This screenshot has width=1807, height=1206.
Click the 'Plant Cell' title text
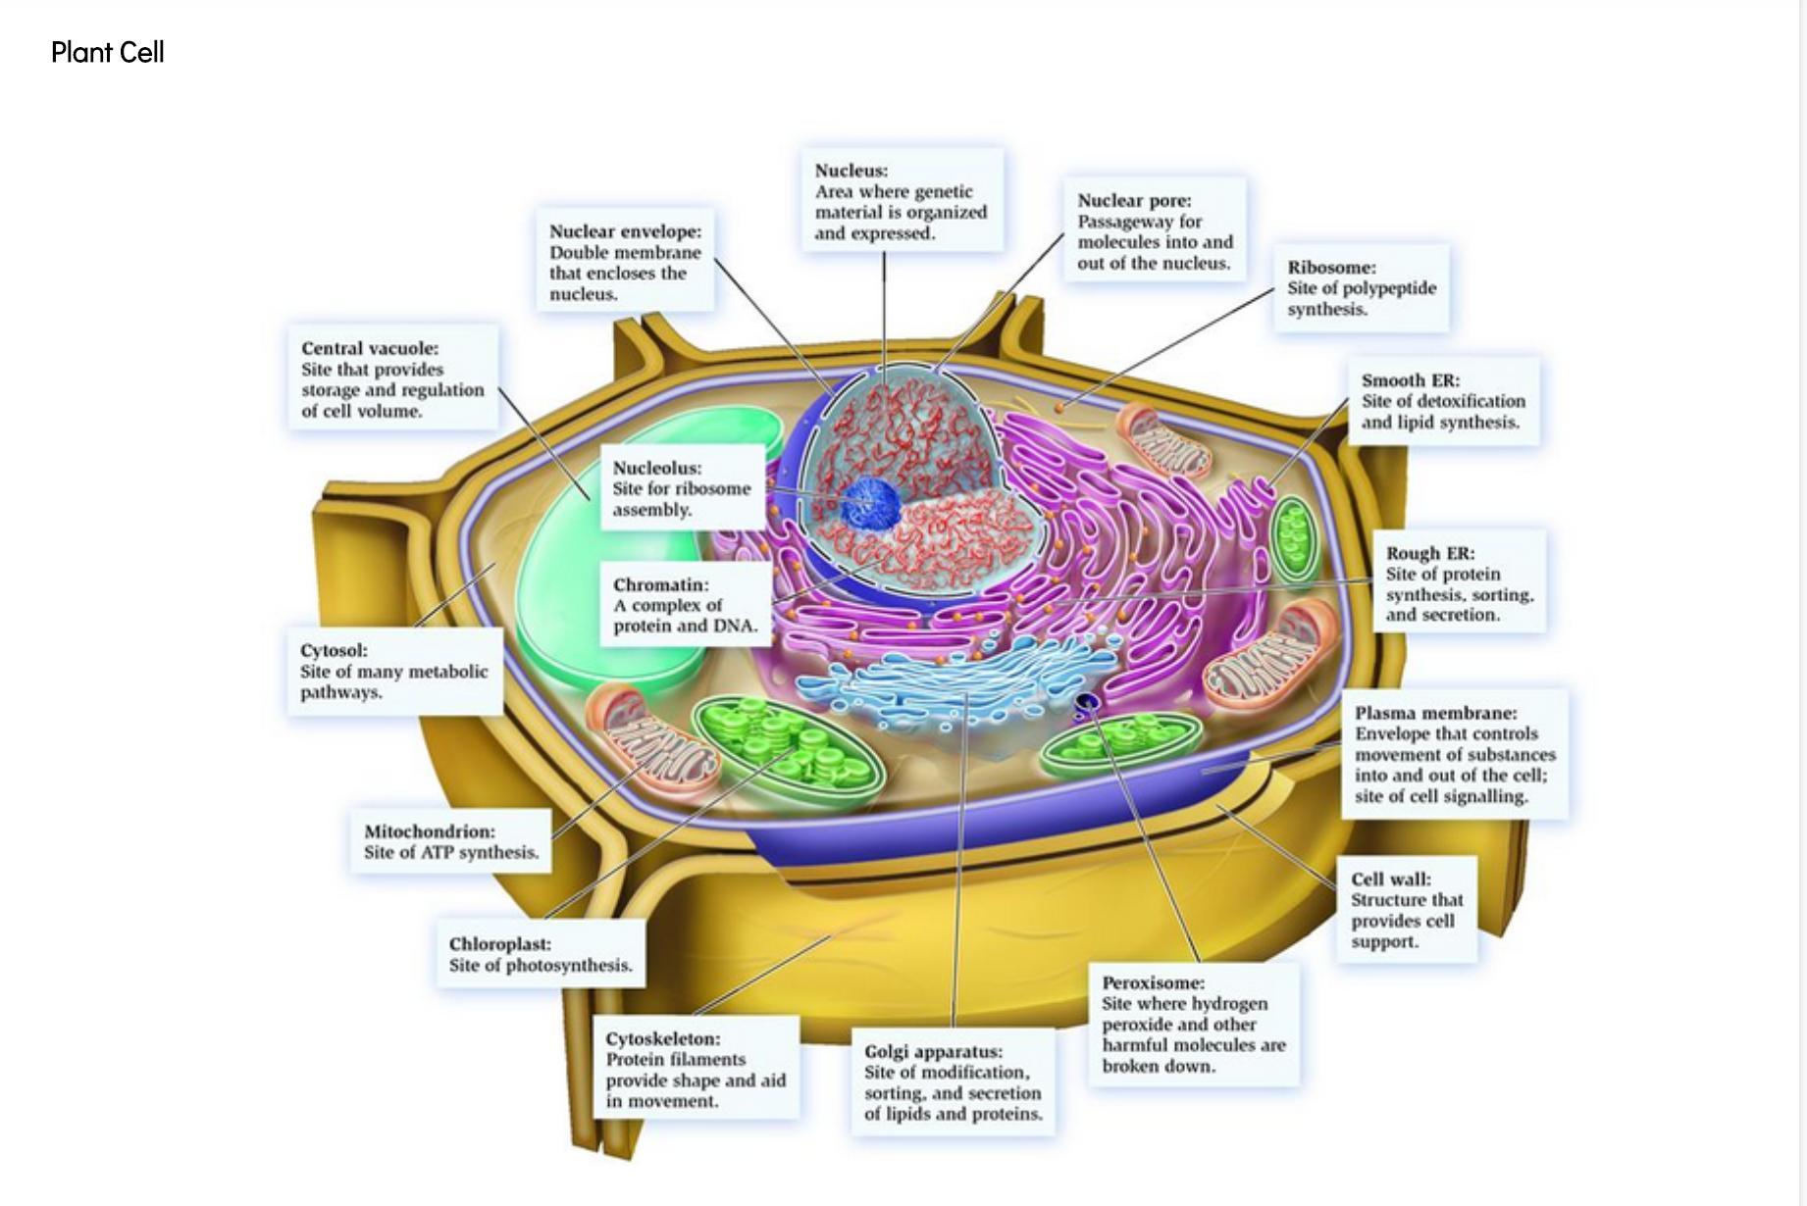(107, 52)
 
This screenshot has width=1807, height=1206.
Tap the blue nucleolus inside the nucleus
(871, 503)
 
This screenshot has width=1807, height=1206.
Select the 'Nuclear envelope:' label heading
(625, 231)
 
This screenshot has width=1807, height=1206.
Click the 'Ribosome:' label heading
(1331, 267)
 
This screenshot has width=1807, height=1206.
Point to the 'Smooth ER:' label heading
(1410, 379)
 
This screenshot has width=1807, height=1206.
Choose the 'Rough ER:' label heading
(1429, 553)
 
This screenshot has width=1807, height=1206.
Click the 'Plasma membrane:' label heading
(1435, 713)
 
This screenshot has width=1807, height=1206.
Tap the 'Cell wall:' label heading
(1390, 879)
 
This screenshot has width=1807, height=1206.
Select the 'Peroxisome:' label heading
(1153, 982)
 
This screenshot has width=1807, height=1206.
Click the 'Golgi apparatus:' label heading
(933, 1051)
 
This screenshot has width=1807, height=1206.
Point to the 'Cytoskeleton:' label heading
(662, 1038)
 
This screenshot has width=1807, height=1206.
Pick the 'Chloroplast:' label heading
(499, 944)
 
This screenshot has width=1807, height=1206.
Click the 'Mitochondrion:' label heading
(429, 831)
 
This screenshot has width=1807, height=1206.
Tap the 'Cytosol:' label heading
(334, 650)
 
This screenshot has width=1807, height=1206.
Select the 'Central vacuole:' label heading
(370, 348)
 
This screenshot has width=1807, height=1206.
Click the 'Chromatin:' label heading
(660, 584)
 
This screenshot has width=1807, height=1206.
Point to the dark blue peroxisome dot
(1087, 702)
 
